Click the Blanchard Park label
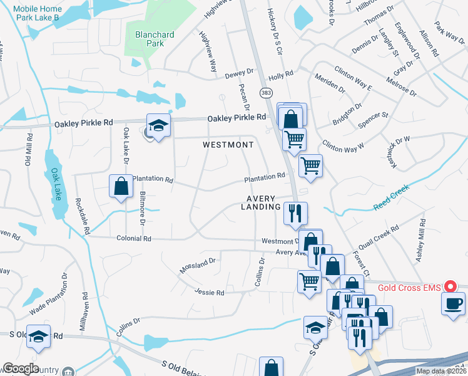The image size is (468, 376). point(150,39)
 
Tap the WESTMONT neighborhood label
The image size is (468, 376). point(228,145)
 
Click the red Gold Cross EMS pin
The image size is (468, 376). point(449,287)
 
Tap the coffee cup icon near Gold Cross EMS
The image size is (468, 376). point(453,304)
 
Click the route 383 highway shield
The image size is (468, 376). point(266,93)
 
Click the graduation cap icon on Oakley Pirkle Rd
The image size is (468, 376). point(159,125)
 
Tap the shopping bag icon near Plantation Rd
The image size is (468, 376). point(121,186)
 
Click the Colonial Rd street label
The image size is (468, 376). point(134,239)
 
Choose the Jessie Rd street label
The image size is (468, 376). point(209,293)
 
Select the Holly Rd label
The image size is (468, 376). point(281,75)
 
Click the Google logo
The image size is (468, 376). point(21,368)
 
